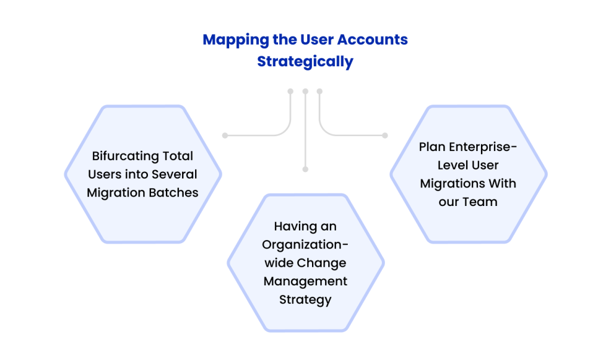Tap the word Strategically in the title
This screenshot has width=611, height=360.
click(x=305, y=61)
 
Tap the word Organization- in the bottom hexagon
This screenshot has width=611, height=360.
click(x=305, y=245)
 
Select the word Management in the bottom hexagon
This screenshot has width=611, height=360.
click(x=305, y=281)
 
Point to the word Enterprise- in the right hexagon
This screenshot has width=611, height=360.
click(x=481, y=147)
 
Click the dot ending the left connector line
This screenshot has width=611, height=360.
click(x=224, y=136)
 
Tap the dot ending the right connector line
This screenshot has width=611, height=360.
click(x=385, y=136)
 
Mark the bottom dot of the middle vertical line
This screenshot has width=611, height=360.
click(x=305, y=169)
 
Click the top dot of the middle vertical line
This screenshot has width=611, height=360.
click(x=305, y=91)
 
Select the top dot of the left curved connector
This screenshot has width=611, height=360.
click(x=291, y=91)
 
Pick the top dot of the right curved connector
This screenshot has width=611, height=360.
click(x=319, y=91)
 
